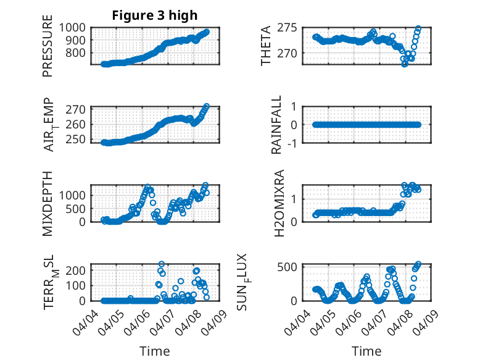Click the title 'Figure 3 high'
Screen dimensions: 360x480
(155, 15)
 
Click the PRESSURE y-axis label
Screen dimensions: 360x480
(48, 51)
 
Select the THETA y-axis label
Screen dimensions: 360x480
(266, 46)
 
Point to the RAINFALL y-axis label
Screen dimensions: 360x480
(277, 125)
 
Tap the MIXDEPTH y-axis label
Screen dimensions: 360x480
(48, 203)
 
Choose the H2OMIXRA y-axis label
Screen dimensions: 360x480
(279, 203)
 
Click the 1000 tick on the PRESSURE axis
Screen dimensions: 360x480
(74, 27)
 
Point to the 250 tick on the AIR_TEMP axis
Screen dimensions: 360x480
(77, 139)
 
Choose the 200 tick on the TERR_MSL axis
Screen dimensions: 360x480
(77, 270)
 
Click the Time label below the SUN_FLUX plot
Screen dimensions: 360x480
(366, 351)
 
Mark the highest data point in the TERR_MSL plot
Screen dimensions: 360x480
(162, 264)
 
